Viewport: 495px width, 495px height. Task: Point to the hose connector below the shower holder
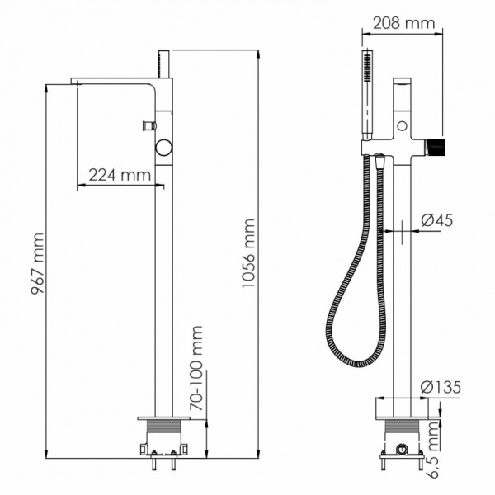pos(379,161)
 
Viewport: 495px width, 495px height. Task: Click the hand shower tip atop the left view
pos(164,62)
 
